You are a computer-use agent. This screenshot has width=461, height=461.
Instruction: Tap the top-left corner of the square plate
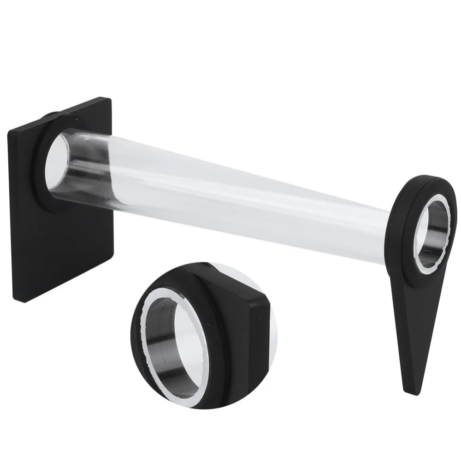pos(8,132)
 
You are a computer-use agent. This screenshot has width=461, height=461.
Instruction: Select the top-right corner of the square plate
pos(110,98)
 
